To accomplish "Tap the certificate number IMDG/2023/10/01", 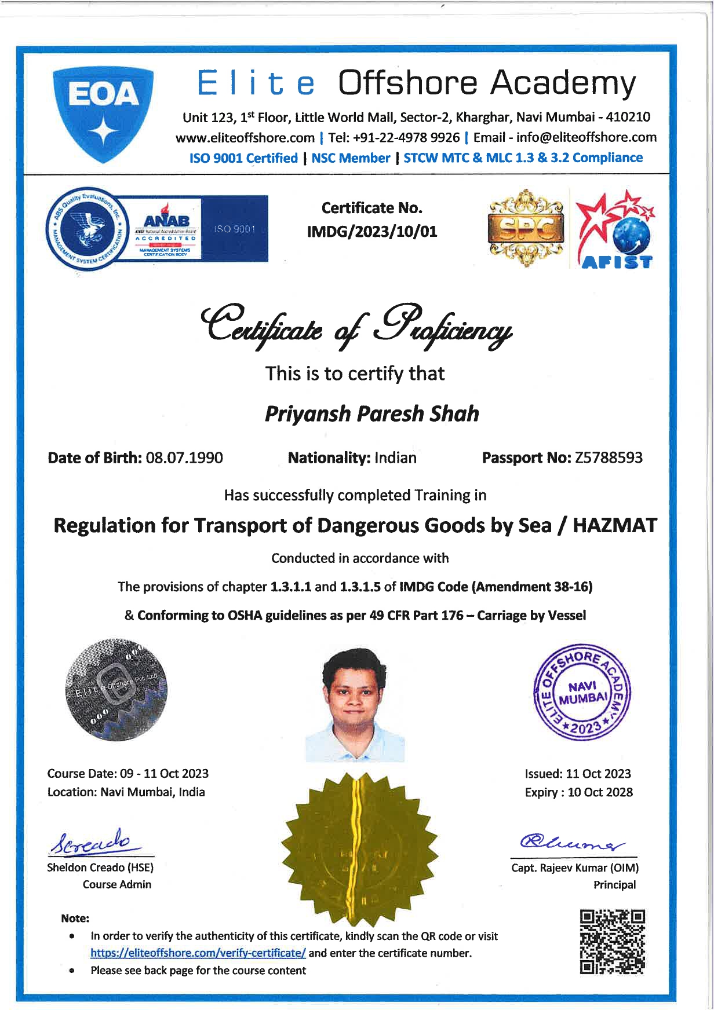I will pyautogui.click(x=371, y=232).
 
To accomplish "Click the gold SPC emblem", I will pyautogui.click(x=526, y=228).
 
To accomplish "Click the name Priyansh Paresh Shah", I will pyautogui.click(x=371, y=414).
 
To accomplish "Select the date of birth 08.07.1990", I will pyautogui.click(x=184, y=458).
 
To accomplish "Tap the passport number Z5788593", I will pyautogui.click(x=609, y=458).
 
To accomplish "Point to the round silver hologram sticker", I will pyautogui.click(x=116, y=690).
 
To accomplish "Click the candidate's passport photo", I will pyautogui.click(x=355, y=704).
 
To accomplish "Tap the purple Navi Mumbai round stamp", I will pyautogui.click(x=581, y=694).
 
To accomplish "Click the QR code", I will pyautogui.click(x=613, y=942).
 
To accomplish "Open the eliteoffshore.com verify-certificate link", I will pyautogui.click(x=198, y=953).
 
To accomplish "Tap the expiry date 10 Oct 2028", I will pyautogui.click(x=600, y=792).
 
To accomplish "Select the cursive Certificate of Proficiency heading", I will pyautogui.click(x=356, y=325).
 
